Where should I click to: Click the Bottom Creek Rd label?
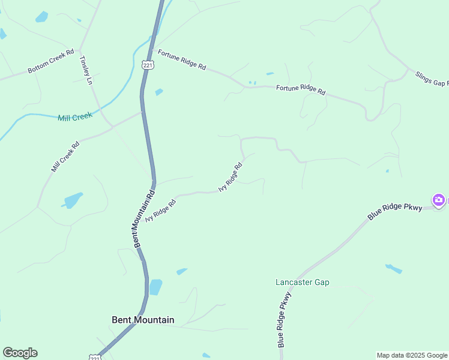50,62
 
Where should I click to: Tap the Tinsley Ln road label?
85,70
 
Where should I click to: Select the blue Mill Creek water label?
75,117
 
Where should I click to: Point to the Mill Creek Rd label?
65,157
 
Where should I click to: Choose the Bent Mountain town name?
143,320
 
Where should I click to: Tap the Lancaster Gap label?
303,282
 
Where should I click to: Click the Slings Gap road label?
432,79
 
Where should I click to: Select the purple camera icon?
439,200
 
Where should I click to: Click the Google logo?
20,353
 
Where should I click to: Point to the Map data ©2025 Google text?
412,355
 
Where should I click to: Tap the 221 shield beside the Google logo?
95,358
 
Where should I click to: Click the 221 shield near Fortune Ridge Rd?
148,65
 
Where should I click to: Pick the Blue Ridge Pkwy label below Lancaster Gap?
285,319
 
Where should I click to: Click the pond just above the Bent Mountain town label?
155,287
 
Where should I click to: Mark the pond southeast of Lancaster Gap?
394,268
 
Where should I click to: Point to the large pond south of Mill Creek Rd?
73,200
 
